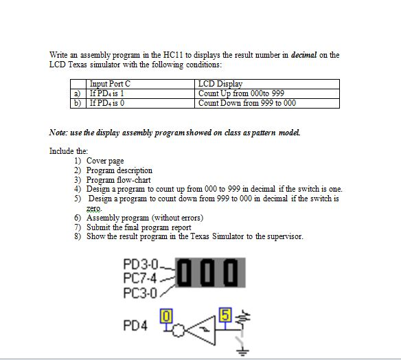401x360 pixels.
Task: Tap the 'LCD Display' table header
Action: click(x=220, y=84)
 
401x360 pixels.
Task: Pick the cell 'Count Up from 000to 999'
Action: click(x=241, y=93)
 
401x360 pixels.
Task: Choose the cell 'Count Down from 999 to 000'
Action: click(x=247, y=103)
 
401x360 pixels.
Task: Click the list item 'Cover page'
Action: click(x=105, y=161)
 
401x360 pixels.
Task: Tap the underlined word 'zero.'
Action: click(x=94, y=208)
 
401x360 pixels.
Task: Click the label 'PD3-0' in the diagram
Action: click(x=139, y=264)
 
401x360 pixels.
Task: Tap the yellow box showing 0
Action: click(x=164, y=316)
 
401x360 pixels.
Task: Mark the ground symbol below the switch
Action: click(x=240, y=352)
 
